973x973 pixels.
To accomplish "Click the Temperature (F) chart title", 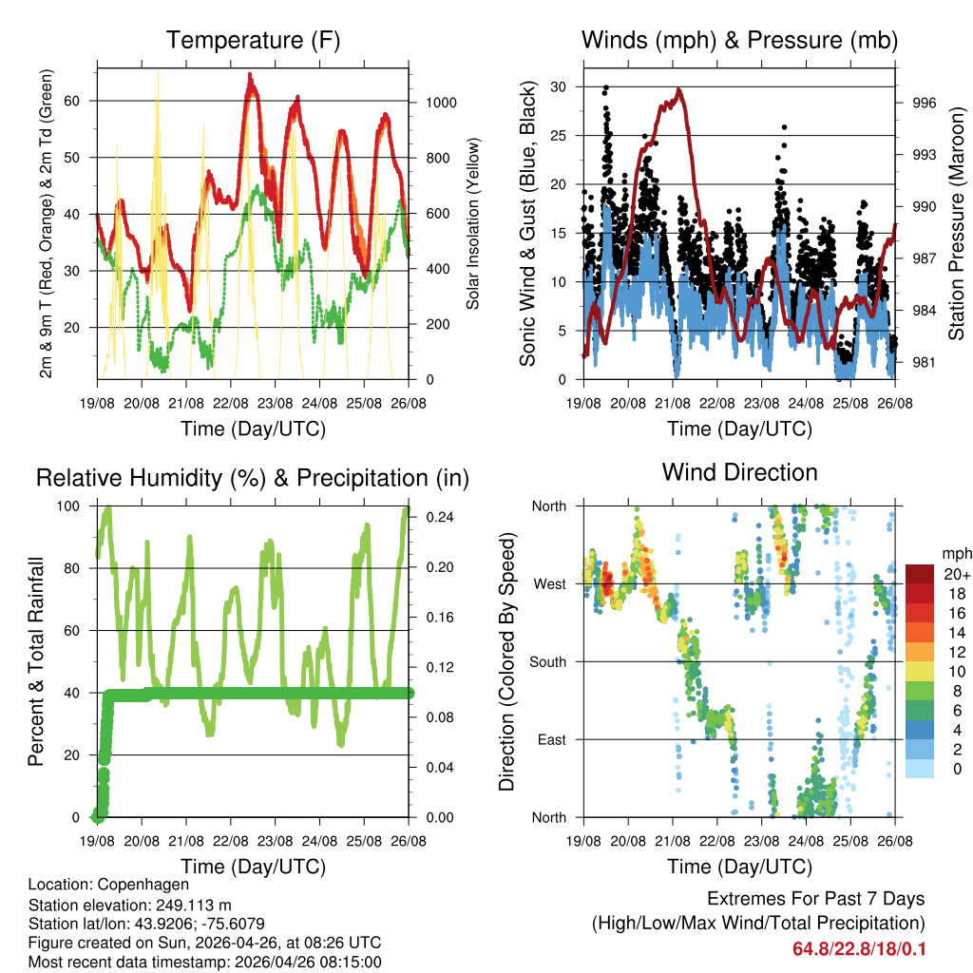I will point(253,41).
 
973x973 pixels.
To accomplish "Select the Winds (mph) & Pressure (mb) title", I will point(739,41).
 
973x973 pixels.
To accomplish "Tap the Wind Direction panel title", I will point(739,472).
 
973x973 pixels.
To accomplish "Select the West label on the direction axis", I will point(549,583).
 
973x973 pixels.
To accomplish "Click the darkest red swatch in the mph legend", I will point(919,574).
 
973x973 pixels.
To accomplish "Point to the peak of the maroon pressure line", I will point(678,89).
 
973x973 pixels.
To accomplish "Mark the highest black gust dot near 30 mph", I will point(606,87).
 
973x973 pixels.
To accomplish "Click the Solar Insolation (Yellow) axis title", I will point(472,223).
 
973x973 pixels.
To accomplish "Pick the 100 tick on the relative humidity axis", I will point(79,506).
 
